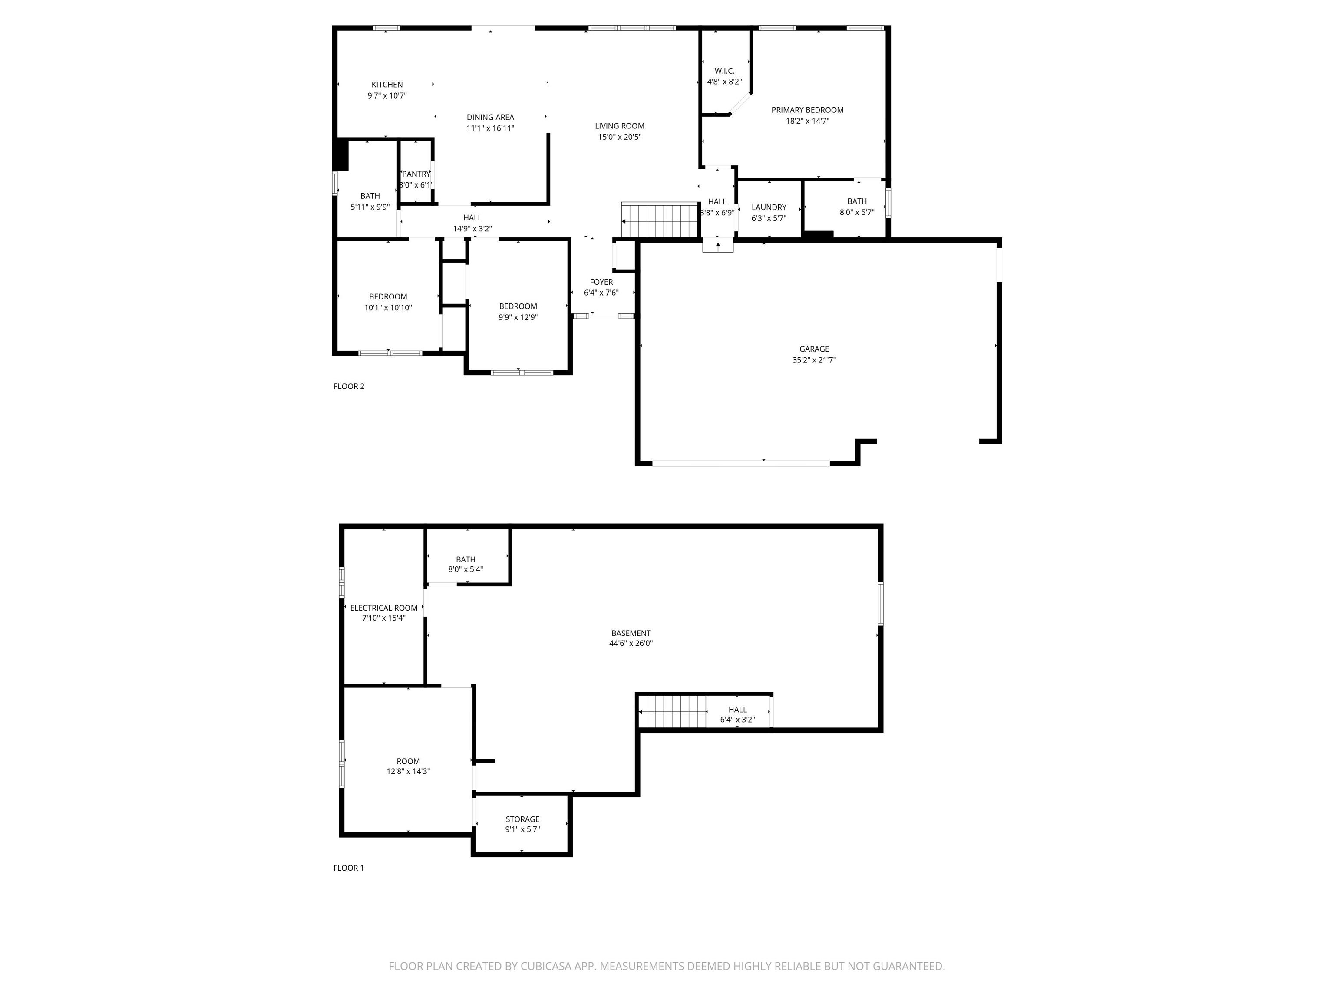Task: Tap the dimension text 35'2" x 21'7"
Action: [814, 360]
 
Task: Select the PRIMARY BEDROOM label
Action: [808, 110]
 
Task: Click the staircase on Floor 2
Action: [660, 220]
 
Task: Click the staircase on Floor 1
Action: [672, 711]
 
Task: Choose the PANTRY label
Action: [416, 174]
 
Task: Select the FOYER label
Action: [601, 282]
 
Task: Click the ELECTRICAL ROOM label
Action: [383, 608]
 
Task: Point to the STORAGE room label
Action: [522, 819]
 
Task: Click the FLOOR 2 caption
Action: [349, 386]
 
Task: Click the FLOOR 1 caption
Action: [349, 868]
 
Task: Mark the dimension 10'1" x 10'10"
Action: [388, 307]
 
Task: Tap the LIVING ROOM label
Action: [619, 126]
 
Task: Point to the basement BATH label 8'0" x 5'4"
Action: [466, 564]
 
